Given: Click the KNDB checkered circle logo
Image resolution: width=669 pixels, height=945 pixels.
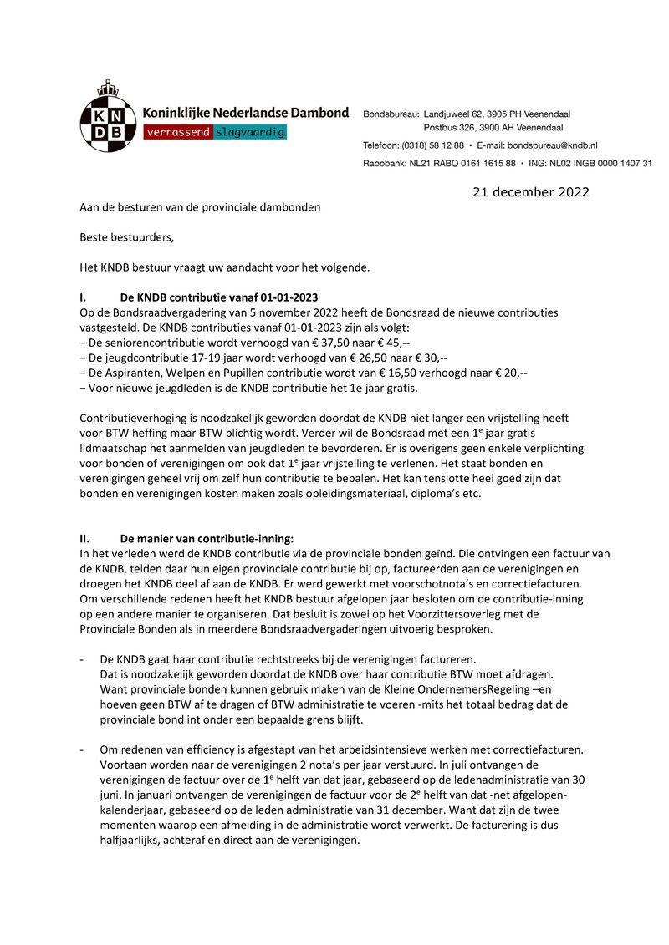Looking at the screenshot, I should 108,123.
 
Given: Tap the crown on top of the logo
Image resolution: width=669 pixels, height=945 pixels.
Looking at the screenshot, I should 107,87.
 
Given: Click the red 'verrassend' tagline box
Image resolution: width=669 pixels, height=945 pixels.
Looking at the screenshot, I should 178,133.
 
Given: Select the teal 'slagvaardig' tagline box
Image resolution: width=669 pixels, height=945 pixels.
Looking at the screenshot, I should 250,133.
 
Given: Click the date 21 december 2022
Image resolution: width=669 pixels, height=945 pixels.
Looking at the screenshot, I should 530,192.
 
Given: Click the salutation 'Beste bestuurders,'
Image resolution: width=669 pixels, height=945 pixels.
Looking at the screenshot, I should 126,236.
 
